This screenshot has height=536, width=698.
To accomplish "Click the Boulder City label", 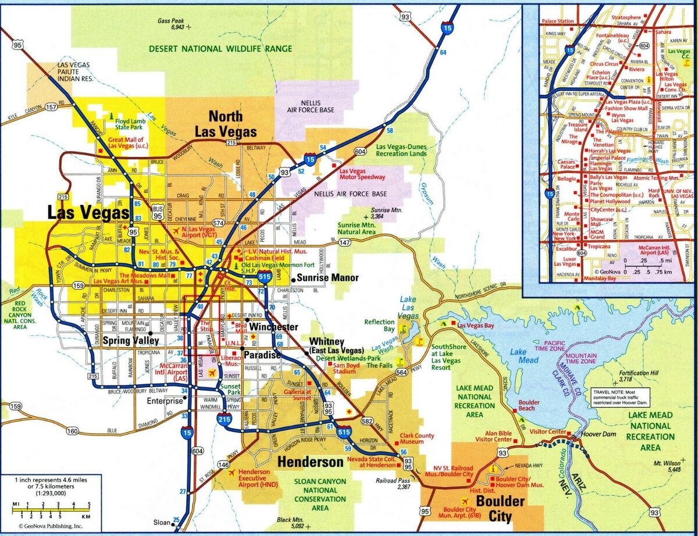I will tap(492, 508).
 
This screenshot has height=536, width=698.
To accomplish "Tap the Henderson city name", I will tap(311, 463).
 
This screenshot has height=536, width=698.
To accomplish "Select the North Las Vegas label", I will tap(225, 124).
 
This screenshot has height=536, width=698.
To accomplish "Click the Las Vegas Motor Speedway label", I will tap(362, 174).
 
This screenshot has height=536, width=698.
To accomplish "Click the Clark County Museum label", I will tap(416, 439).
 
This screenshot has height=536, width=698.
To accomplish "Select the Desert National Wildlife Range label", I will tap(220, 49).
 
